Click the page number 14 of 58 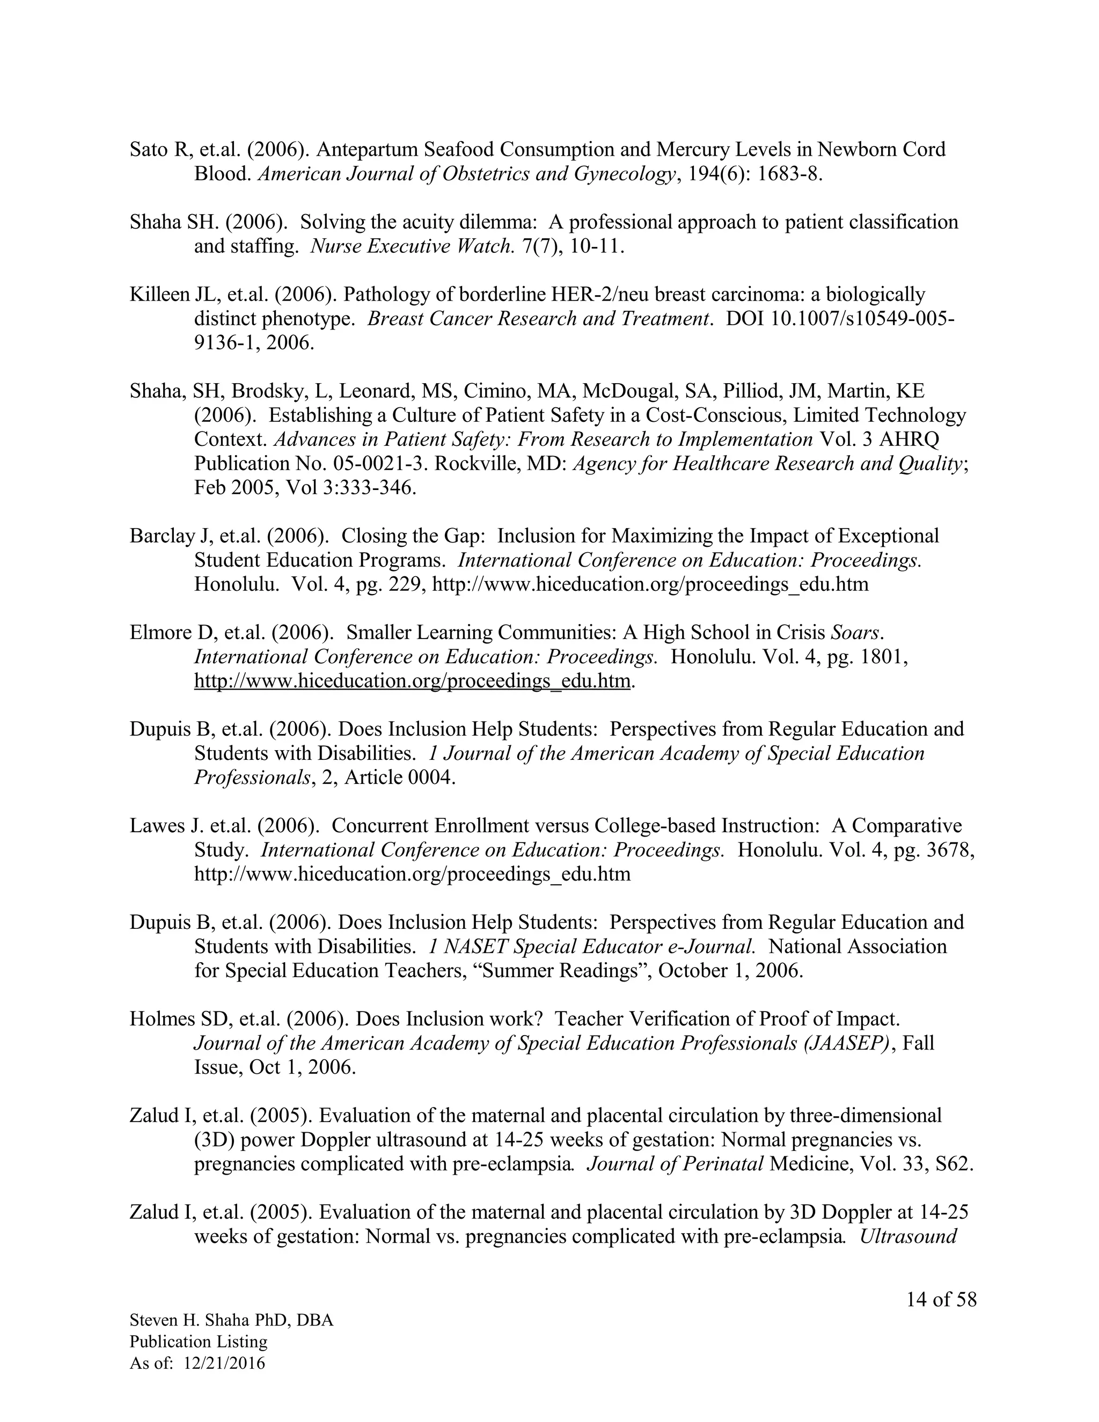click(x=941, y=1300)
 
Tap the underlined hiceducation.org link click(x=412, y=681)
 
